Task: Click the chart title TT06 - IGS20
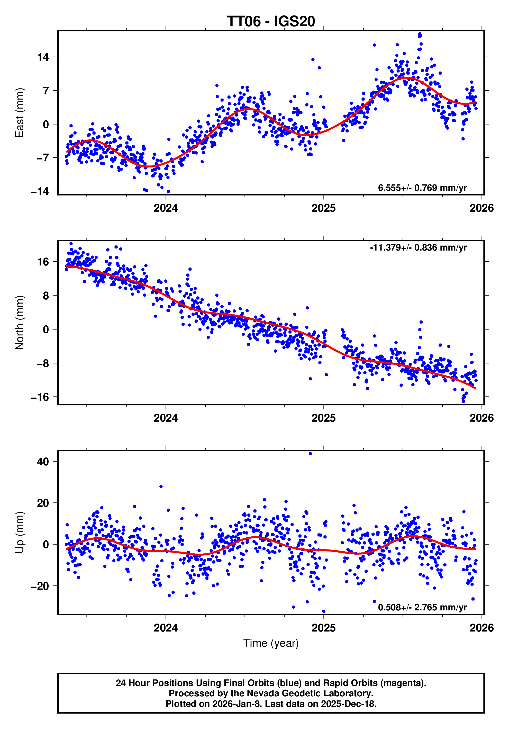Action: [271, 22]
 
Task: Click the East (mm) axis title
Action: [19, 113]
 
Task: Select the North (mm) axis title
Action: [19, 322]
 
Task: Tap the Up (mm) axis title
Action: [19, 532]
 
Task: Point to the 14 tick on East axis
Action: [43, 57]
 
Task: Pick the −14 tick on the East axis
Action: [40, 191]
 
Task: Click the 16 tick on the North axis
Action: [43, 262]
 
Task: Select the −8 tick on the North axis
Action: [42, 363]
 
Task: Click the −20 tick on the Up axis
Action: [40, 586]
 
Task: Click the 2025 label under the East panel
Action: [323, 208]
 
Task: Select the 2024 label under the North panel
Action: [166, 418]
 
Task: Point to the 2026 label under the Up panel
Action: [481, 628]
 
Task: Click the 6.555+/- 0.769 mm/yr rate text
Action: [422, 188]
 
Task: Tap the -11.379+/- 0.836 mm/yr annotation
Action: [418, 248]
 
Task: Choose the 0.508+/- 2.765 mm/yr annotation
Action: [422, 607]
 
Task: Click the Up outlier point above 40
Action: [310, 454]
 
